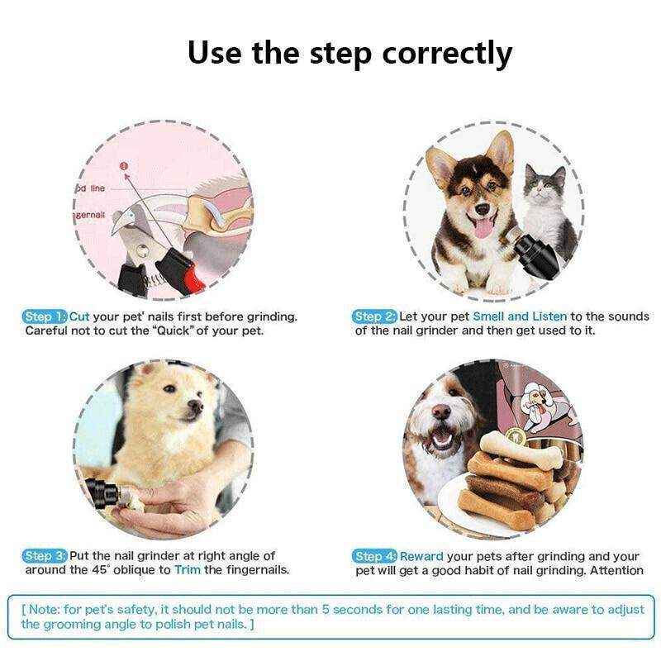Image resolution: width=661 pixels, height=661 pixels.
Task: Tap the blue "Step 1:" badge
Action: pyautogui.click(x=45, y=316)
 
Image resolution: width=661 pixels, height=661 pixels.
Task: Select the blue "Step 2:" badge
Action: pyautogui.click(x=375, y=316)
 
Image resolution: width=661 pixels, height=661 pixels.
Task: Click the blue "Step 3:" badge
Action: pyautogui.click(x=45, y=556)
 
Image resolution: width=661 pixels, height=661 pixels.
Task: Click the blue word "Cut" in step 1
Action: pyautogui.click(x=80, y=316)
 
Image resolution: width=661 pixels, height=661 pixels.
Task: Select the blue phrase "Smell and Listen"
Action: pyautogui.click(x=520, y=316)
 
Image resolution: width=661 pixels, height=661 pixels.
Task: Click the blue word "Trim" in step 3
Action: pyautogui.click(x=188, y=570)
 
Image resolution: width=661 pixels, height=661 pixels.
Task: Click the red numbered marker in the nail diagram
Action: pyautogui.click(x=124, y=166)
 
